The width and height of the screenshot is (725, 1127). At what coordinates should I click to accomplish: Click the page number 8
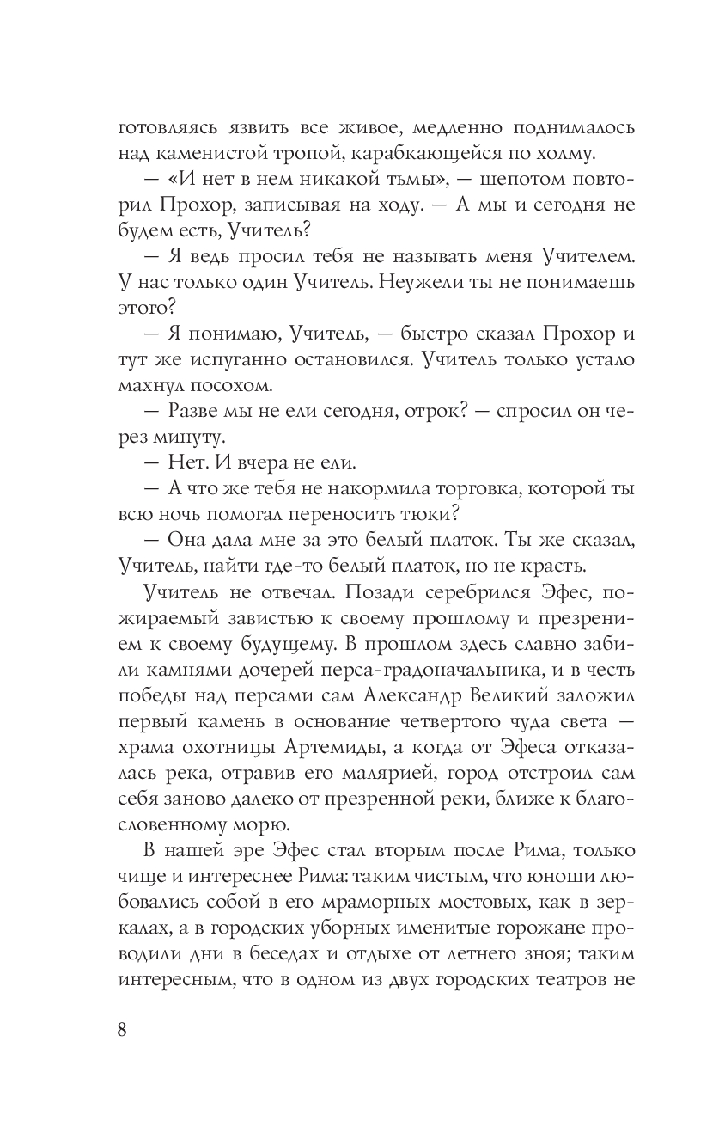point(121,1030)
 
